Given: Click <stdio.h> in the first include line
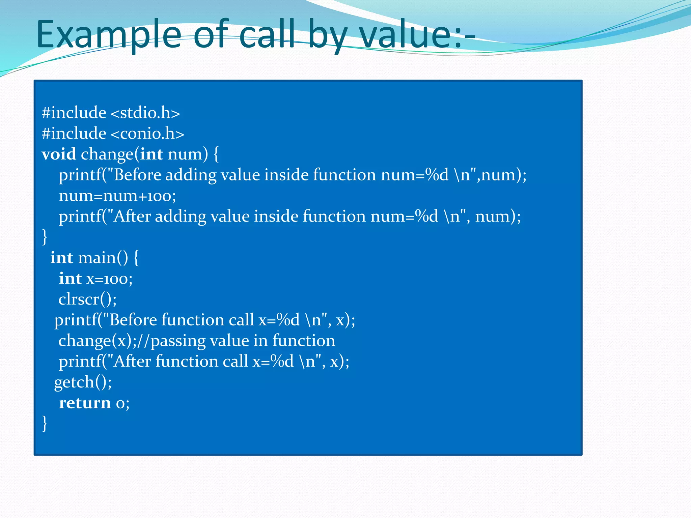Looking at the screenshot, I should (x=145, y=113).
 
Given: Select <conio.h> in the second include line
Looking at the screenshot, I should (x=147, y=134).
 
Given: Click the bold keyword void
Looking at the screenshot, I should (x=59, y=154).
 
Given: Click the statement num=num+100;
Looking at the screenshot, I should (x=117, y=196).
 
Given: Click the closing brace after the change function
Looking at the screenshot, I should (x=45, y=237).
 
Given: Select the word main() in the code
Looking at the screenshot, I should (x=103, y=258).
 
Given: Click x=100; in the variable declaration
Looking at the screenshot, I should (x=110, y=279).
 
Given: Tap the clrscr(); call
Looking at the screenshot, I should (x=87, y=299).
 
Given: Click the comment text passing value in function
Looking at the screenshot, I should (x=243, y=341).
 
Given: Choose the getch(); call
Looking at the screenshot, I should (x=83, y=382).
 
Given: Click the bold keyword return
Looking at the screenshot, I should (x=85, y=403).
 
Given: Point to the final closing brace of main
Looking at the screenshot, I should (x=45, y=423).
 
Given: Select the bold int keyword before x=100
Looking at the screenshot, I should (x=70, y=279).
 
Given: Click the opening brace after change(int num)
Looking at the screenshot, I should (x=216, y=154).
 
